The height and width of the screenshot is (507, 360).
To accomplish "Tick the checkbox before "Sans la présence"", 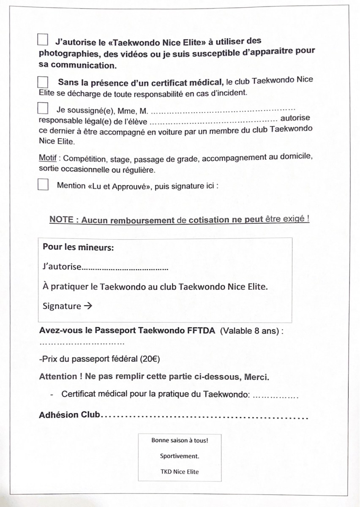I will point(43,82).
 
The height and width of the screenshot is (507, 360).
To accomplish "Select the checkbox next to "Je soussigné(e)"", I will point(43,109).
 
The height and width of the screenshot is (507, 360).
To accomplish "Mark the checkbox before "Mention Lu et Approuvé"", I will point(43,185).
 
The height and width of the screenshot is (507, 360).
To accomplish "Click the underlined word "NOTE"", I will point(62,220).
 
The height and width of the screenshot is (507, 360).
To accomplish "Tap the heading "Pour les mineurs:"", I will point(78,248).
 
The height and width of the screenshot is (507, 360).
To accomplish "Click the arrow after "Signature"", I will point(87,306).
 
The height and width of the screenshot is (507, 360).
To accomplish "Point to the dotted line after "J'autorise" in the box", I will point(125,268).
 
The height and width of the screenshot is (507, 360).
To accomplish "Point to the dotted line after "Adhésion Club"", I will point(205,417).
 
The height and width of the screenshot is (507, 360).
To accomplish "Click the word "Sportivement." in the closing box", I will point(180,456).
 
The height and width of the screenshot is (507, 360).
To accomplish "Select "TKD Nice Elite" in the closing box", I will point(180,472).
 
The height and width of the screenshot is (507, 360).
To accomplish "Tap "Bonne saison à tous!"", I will point(180,440).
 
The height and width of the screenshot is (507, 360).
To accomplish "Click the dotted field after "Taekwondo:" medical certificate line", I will point(276,396).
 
